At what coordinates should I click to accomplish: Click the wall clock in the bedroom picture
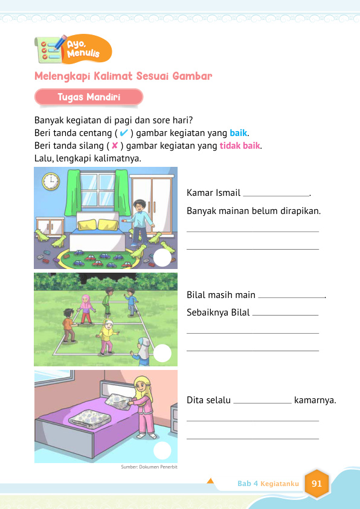click(x=51, y=181)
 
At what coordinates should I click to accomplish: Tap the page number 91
click(x=317, y=484)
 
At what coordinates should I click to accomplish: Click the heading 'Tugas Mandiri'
click(x=89, y=97)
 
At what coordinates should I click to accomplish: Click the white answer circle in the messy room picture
click(x=162, y=258)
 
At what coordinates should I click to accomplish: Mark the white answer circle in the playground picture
click(x=162, y=354)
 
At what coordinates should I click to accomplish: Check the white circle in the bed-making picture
click(x=162, y=450)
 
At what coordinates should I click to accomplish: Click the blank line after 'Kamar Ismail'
click(x=275, y=195)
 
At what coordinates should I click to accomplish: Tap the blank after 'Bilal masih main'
click(x=291, y=297)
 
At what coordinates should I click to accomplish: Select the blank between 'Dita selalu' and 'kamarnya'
click(x=262, y=401)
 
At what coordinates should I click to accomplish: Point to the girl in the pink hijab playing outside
click(x=86, y=308)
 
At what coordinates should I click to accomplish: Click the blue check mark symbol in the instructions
click(x=123, y=133)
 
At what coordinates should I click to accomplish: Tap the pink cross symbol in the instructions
click(x=114, y=146)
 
